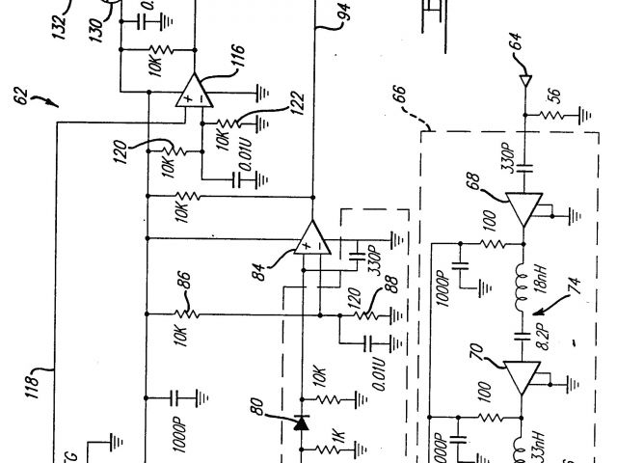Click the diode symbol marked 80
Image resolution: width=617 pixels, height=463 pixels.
click(x=301, y=422)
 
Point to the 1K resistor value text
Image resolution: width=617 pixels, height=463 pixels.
click(x=337, y=442)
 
